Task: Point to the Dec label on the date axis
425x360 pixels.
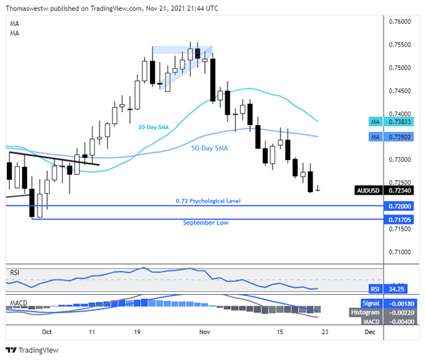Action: (368, 333)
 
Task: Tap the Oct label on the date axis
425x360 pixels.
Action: (47, 333)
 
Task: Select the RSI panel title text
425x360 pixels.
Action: (14, 272)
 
